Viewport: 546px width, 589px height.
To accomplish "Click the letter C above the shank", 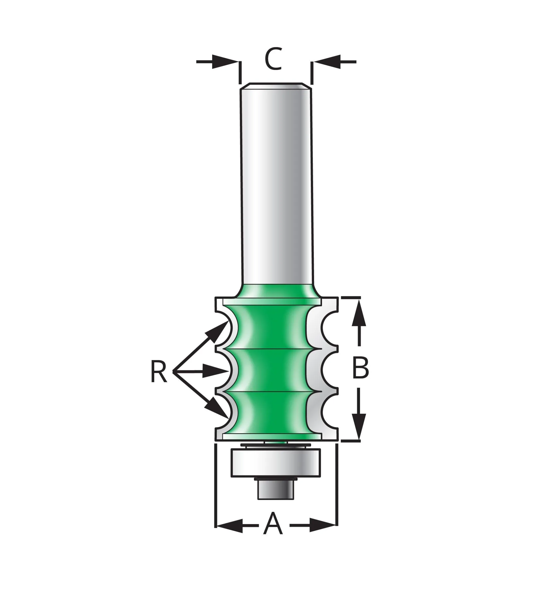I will click(273, 59).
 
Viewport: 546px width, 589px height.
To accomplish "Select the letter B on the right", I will click(360, 368).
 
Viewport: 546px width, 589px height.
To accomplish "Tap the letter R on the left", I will click(159, 371).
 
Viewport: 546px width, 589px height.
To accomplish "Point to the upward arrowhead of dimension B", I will click(359, 312).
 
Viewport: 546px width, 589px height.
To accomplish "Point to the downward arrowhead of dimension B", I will click(359, 426).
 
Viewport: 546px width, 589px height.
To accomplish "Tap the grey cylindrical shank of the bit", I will click(276, 183).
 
